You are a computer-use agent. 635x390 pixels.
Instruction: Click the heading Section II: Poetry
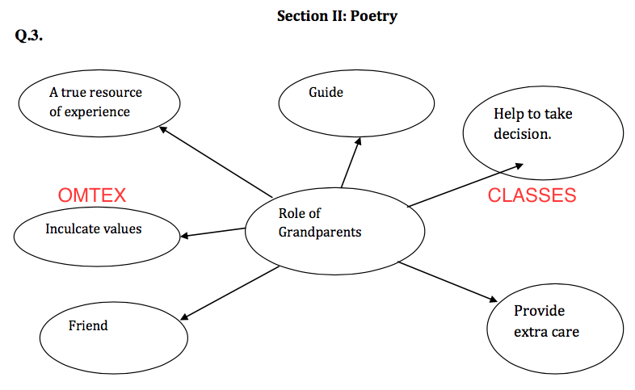pyautogui.click(x=337, y=15)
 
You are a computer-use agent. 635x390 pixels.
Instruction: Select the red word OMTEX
pyautogui.click(x=92, y=195)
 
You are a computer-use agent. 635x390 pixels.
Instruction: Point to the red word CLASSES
pyautogui.click(x=532, y=195)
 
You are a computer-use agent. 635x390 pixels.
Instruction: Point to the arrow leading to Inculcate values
pyautogui.click(x=212, y=233)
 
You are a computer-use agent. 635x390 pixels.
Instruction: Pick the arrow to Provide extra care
pyautogui.click(x=448, y=281)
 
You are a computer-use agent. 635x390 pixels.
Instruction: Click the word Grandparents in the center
pyautogui.click(x=320, y=232)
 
